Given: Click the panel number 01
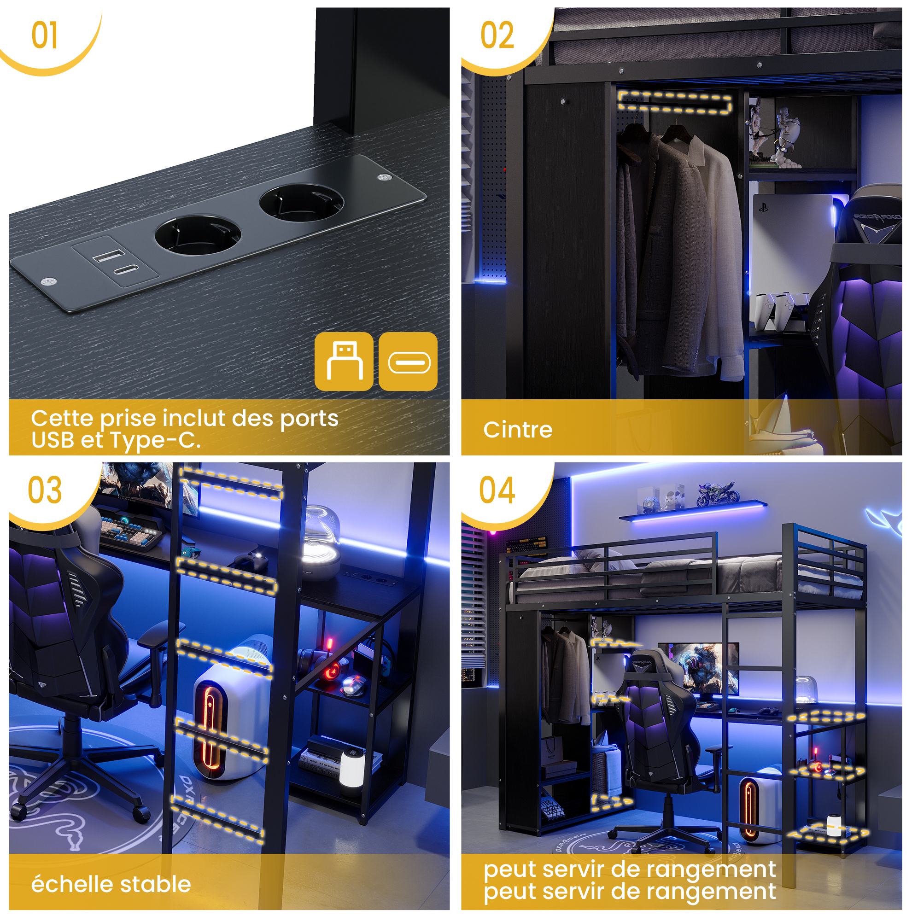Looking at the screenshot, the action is (45, 35).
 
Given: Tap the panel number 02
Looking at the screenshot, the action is (497, 35).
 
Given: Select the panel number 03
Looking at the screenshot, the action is (45, 490).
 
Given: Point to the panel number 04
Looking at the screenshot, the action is (497, 490).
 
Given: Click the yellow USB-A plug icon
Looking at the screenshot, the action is (344, 361).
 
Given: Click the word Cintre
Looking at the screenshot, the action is (518, 430).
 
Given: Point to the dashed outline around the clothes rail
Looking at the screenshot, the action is (674, 102).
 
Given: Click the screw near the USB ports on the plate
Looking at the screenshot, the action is (49, 281).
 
